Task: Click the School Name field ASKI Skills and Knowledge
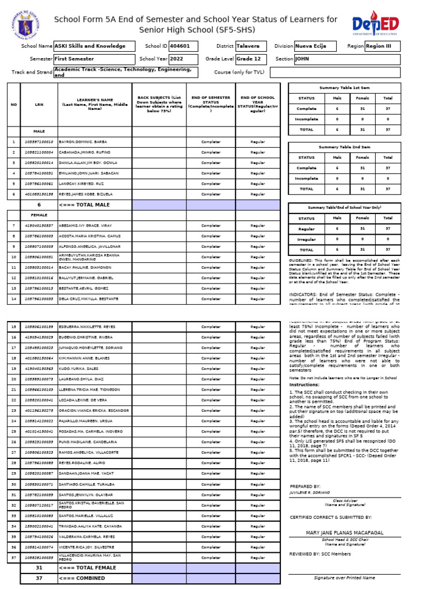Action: tap(93, 46)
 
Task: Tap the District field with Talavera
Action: tap(251, 46)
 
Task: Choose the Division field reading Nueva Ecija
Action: tap(318, 46)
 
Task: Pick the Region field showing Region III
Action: tap(382, 46)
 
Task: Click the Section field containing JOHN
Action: tap(346, 59)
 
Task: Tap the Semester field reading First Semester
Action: tap(93, 59)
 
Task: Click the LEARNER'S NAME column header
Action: tap(95, 104)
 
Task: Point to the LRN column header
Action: tap(39, 104)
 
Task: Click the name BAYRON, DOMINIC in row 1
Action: tap(83, 141)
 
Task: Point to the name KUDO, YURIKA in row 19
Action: tap(77, 369)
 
